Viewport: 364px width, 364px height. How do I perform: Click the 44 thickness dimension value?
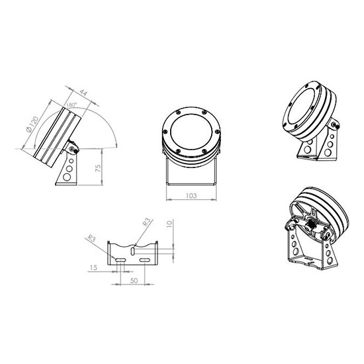pos(83,93)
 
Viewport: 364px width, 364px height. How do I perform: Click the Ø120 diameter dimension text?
pos(32,124)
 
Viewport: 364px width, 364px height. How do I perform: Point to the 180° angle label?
pos(71,105)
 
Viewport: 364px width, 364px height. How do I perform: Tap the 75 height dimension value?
pos(98,168)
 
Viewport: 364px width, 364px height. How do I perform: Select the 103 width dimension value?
pos(191,196)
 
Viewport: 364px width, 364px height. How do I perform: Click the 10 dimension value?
pos(169,224)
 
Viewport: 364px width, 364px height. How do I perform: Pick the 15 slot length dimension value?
pos(93,267)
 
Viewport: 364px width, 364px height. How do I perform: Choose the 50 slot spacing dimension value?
pos(134,281)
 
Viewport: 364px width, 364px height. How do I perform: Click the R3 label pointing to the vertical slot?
pos(146,222)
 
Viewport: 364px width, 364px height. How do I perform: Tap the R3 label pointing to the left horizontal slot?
pos(91,238)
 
